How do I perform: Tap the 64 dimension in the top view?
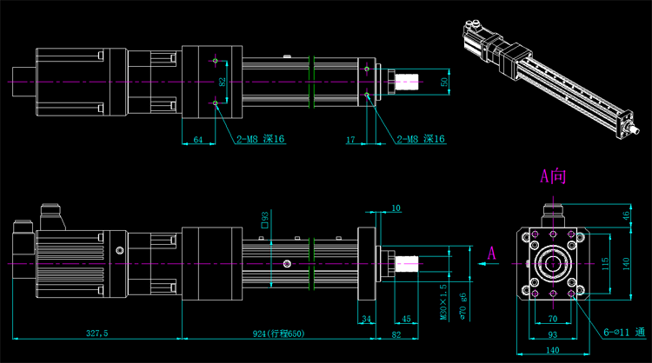[x=198, y=139]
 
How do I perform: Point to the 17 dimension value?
[x=350, y=139]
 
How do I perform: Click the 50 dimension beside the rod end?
[x=445, y=82]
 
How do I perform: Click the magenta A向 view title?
[x=553, y=177]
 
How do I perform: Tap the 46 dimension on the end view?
[x=627, y=215]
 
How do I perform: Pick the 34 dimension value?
[x=366, y=320]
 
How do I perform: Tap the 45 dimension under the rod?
[x=406, y=320]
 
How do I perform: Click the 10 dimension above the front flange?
[x=396, y=208]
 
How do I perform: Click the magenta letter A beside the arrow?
[x=492, y=254]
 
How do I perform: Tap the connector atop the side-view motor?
[x=50, y=215]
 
